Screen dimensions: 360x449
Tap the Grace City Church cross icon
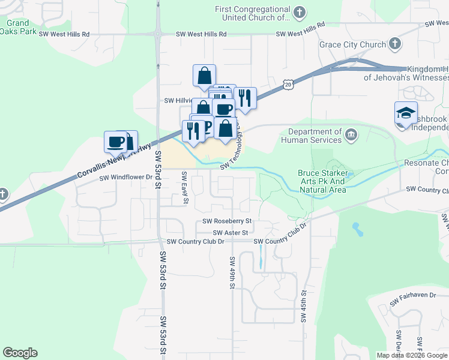394,44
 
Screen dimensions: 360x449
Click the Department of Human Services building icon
351,136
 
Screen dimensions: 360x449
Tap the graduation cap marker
406,113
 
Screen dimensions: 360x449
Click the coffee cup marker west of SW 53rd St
116,142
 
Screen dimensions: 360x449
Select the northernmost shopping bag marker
204,76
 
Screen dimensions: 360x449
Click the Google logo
20,353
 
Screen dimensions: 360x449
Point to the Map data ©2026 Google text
412,355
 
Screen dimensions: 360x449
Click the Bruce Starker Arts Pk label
322,181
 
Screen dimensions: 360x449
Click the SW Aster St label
230,232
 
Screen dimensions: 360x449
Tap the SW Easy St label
185,188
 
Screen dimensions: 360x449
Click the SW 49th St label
232,272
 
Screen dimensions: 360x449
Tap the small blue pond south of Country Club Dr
358,229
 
